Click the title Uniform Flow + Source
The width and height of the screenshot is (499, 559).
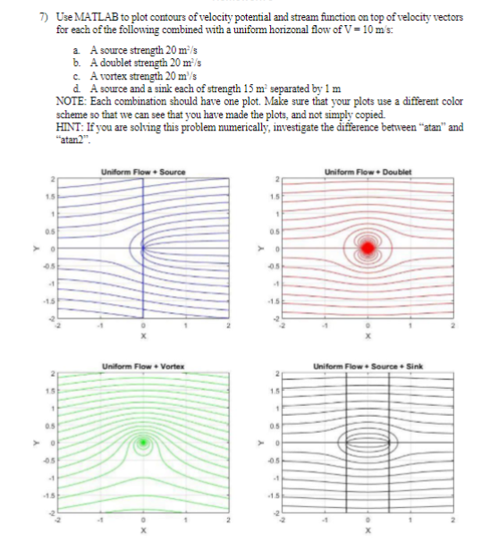point(143,172)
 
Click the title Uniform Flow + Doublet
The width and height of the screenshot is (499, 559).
point(368,172)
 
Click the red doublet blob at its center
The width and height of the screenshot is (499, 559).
point(368,247)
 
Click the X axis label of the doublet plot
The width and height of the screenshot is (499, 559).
point(368,342)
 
